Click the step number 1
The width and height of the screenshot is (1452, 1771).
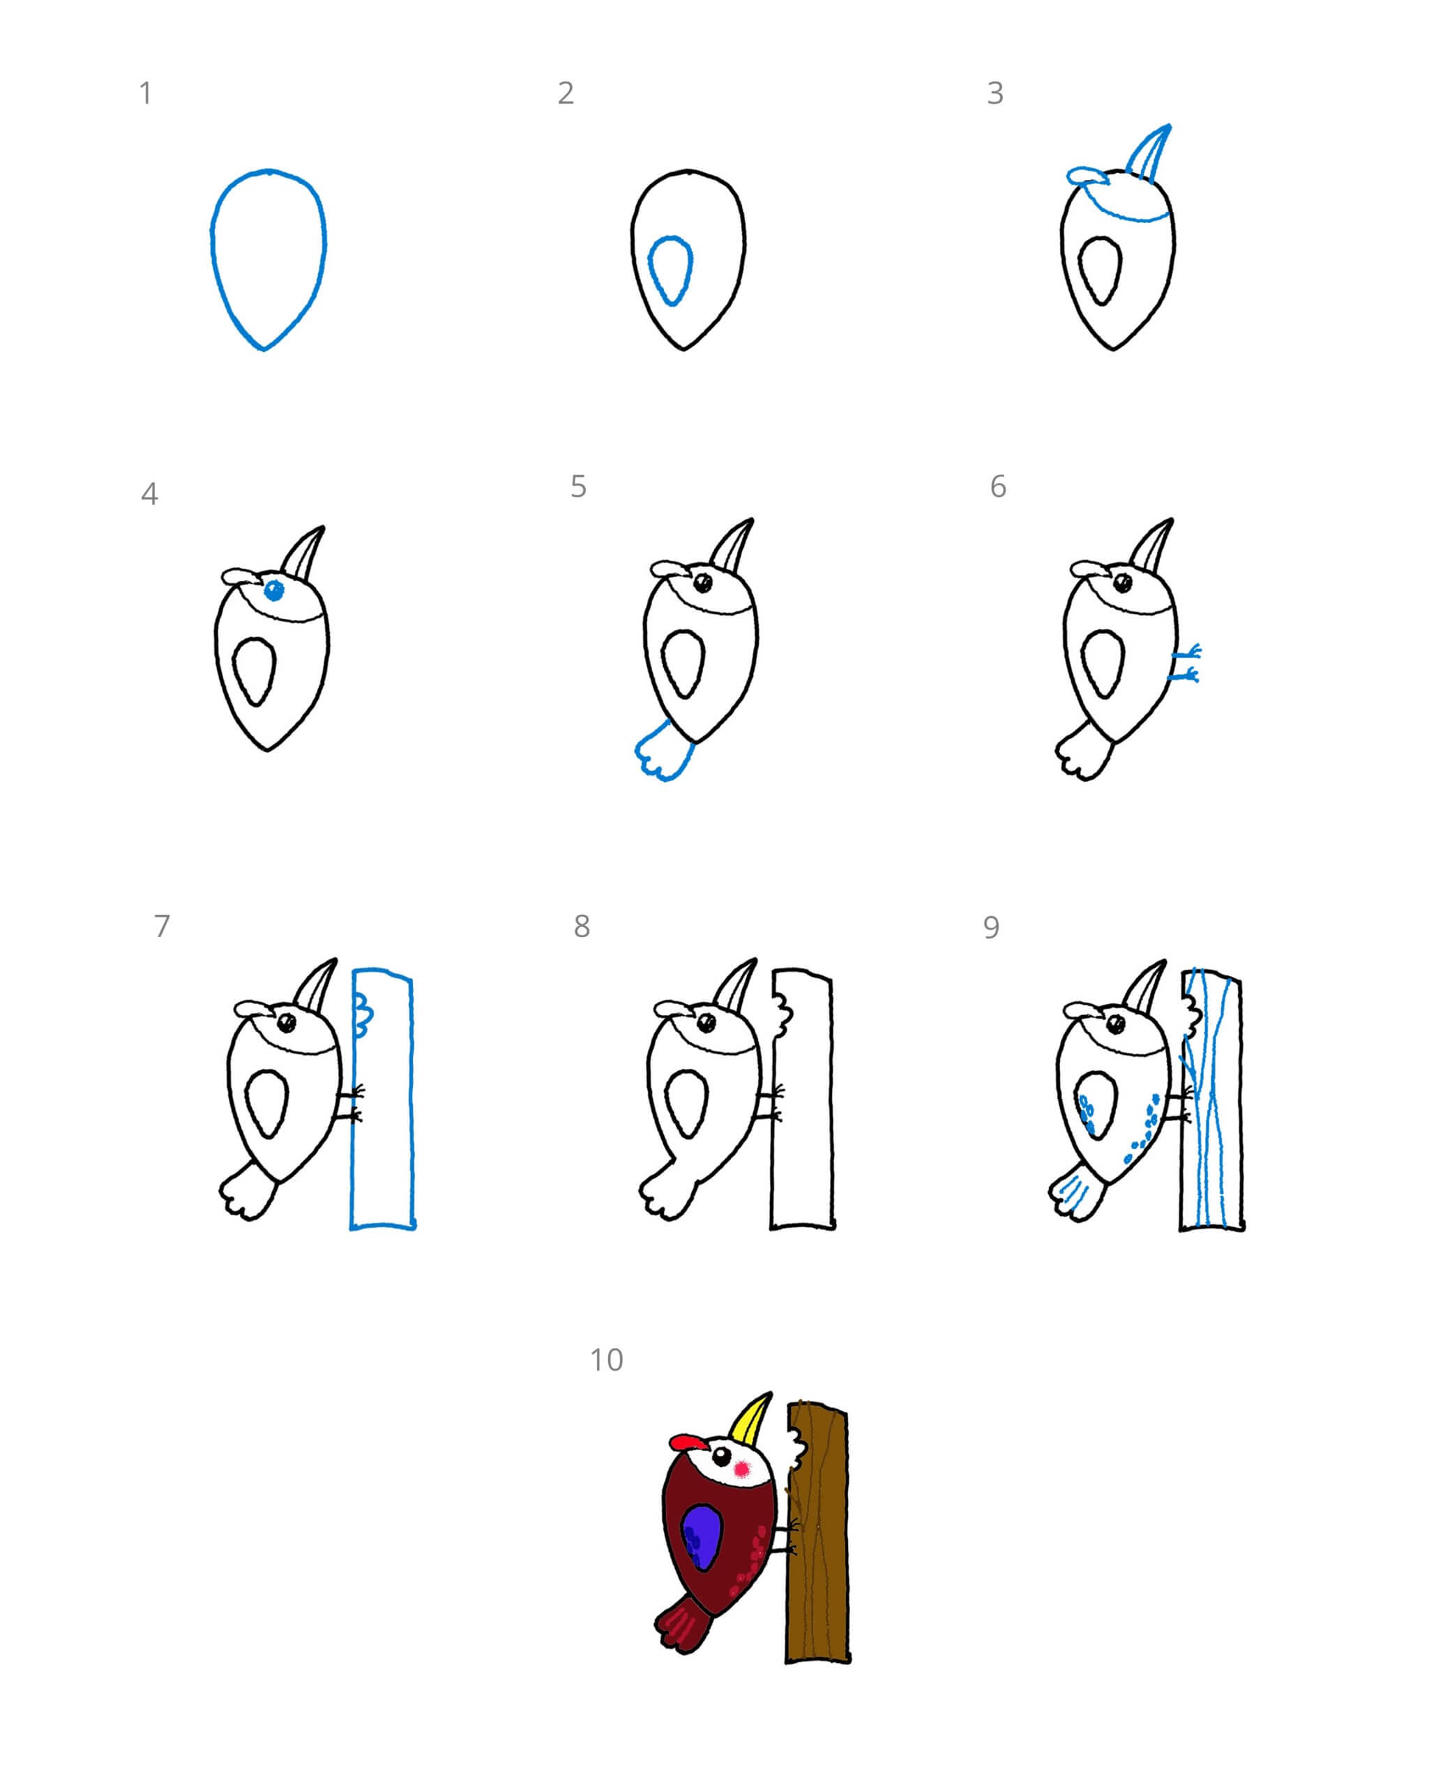click(x=146, y=93)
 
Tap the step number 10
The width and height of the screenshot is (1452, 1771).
click(x=606, y=1360)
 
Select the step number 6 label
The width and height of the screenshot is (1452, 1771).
click(x=998, y=487)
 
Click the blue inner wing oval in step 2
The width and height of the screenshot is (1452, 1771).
click(x=670, y=269)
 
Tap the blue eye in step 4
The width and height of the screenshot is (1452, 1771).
click(x=273, y=591)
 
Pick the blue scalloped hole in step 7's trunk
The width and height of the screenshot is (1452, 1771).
click(x=363, y=1012)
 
